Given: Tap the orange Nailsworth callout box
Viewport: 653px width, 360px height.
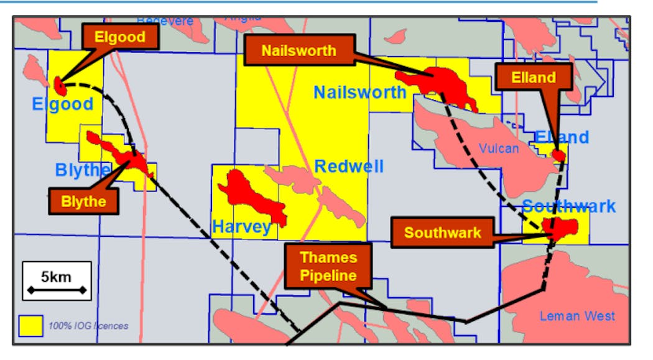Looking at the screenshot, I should click(299, 50).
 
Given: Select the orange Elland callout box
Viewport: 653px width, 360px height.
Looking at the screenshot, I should click(533, 78).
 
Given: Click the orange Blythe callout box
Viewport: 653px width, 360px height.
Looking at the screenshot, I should click(83, 201).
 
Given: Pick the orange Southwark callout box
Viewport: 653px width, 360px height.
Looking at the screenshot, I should click(442, 233).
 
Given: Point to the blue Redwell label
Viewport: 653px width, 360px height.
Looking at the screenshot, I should click(348, 167).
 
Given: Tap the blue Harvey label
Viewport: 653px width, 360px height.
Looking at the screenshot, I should click(242, 227).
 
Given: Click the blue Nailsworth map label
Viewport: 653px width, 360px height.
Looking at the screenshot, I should click(359, 93).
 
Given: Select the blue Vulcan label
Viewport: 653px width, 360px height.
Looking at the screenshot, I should click(499, 148).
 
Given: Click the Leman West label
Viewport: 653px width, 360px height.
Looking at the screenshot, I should click(577, 316).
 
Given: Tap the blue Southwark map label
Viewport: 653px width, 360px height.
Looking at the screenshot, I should click(568, 206).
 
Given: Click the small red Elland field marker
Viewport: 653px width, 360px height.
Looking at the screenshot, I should click(559, 155).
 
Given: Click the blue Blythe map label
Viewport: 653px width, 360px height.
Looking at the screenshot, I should click(83, 170).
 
